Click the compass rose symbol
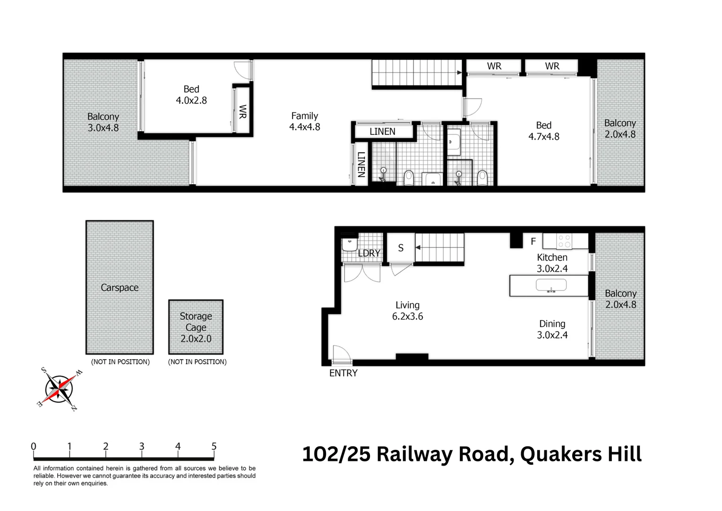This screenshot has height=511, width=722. [x=59, y=389]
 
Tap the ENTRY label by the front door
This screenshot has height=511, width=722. [x=343, y=373]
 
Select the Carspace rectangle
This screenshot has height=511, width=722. [x=120, y=287]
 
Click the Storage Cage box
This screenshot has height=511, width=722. [x=196, y=327]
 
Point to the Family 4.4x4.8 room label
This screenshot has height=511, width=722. [x=304, y=121]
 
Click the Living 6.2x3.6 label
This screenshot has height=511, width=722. [x=407, y=310]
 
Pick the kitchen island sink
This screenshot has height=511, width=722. [x=550, y=285]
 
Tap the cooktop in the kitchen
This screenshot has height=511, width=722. [x=564, y=241]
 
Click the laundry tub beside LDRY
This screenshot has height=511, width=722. [x=350, y=244]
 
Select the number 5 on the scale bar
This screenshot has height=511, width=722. [x=214, y=446]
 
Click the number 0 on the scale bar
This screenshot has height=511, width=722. [x=34, y=446]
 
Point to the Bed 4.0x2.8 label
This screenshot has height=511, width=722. [x=191, y=95]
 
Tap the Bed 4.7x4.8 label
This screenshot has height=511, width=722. [x=543, y=131]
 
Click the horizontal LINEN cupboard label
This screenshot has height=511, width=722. [x=382, y=132]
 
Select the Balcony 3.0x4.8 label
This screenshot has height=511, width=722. [x=103, y=122]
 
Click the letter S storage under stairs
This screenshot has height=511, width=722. [x=401, y=248]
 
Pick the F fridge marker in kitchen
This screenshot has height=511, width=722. [x=533, y=242]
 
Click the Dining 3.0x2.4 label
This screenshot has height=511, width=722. [x=552, y=329]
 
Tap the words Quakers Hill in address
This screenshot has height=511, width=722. [x=581, y=454]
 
